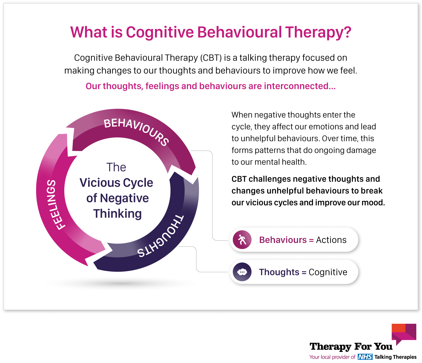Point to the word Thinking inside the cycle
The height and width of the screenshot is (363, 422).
click(x=117, y=214)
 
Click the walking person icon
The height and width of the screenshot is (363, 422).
click(x=242, y=240)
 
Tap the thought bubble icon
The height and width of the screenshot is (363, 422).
click(x=242, y=272)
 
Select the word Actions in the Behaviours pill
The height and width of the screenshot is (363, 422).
click(x=331, y=240)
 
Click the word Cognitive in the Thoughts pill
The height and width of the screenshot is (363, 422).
click(x=328, y=272)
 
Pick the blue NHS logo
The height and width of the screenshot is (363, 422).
click(x=365, y=357)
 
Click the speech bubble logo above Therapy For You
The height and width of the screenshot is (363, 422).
click(x=404, y=334)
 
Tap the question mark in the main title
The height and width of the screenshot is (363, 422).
click(x=347, y=32)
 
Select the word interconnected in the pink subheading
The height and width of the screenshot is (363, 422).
click(x=296, y=86)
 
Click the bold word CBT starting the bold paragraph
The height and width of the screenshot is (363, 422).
click(x=239, y=179)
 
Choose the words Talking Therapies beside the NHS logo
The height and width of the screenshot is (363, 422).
click(x=395, y=357)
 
